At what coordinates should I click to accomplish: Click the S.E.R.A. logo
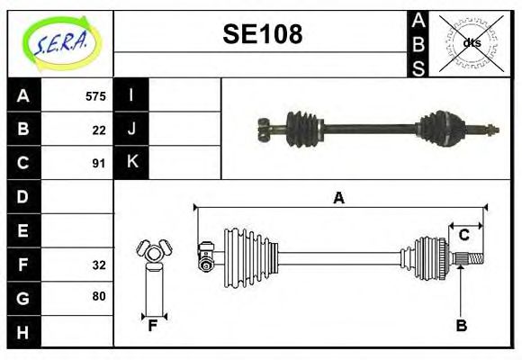click(59, 40)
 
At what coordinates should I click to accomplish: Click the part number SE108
click(262, 35)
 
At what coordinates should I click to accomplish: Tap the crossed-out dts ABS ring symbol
click(471, 41)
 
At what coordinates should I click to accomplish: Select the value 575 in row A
click(95, 96)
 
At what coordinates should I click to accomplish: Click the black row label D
click(23, 196)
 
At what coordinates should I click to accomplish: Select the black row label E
click(23, 230)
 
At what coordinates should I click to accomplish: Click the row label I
click(131, 95)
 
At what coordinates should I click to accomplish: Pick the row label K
click(131, 163)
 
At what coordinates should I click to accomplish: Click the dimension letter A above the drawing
click(338, 197)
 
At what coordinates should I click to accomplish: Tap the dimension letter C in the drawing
click(463, 235)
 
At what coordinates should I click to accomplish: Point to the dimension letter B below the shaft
click(461, 326)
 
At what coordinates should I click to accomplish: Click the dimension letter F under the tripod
click(153, 326)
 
